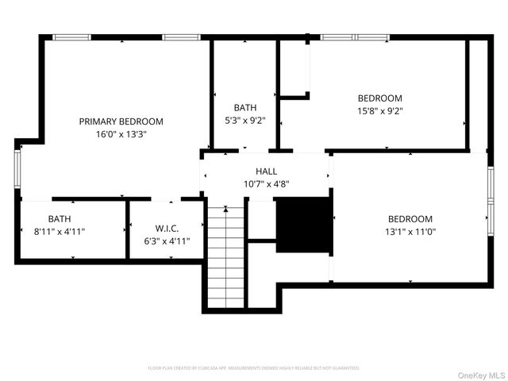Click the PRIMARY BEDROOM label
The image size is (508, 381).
[121, 121]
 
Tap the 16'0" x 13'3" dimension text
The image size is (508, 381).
[121, 134]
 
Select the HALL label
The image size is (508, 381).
[266, 171]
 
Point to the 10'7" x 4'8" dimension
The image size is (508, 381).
[266, 184]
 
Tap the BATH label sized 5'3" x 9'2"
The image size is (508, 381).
[244, 108]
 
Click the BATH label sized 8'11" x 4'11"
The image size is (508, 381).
[59, 219]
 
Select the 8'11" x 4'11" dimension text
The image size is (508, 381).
[59, 232]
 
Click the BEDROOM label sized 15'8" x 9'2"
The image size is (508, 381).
[380, 98]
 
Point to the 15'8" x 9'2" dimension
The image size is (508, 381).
[380, 111]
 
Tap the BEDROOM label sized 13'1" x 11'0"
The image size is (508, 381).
[410, 219]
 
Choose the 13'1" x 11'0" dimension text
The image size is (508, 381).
[410, 232]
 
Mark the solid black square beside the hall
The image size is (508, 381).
[302, 225]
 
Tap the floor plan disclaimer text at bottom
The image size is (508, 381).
[254, 368]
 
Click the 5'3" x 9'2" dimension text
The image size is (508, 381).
[244, 121]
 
